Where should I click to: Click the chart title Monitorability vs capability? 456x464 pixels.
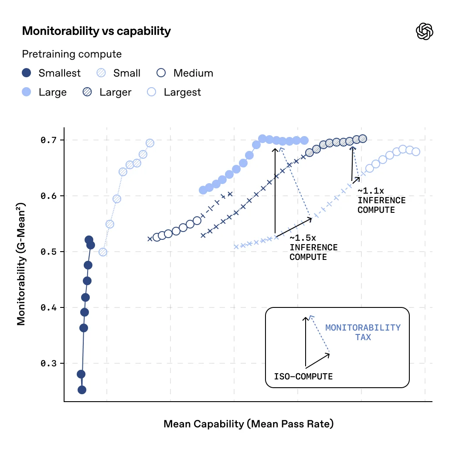(96, 31)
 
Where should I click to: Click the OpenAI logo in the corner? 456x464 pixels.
(425, 31)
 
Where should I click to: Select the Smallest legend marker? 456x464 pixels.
(27, 73)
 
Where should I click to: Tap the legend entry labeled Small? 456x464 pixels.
(126, 73)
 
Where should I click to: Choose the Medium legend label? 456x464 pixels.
(193, 73)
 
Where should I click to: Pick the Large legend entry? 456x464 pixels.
(52, 92)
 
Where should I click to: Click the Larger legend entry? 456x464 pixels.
(115, 92)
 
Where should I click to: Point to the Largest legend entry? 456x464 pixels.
(182, 92)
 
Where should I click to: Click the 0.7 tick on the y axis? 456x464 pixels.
(49, 140)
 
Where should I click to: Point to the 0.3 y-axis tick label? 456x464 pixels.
(49, 364)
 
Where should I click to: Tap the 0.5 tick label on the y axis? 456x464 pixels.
(49, 252)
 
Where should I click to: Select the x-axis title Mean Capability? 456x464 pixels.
(248, 424)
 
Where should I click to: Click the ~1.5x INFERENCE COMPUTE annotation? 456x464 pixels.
(313, 248)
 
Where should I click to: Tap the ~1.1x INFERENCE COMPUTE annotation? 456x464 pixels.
(381, 201)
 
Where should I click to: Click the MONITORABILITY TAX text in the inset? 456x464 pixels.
(363, 332)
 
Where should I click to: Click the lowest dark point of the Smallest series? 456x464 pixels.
(82, 390)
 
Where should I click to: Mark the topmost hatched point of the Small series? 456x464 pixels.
(150, 143)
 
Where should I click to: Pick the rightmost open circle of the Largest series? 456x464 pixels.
(415, 152)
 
